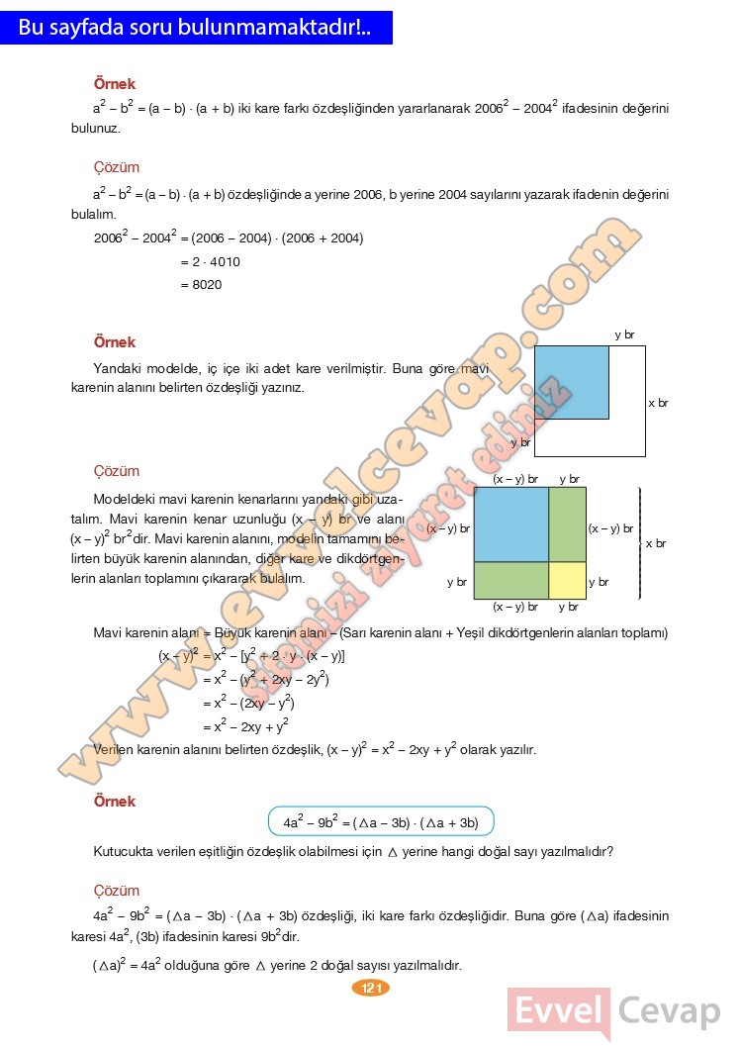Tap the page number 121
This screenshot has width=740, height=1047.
pyautogui.click(x=371, y=988)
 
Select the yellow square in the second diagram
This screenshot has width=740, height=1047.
pyautogui.click(x=567, y=580)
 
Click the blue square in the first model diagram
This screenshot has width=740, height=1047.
pyautogui.click(x=572, y=382)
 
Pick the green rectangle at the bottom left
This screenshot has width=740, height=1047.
pyautogui.click(x=510, y=580)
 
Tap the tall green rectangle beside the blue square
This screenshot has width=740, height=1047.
pyautogui.click(x=567, y=523)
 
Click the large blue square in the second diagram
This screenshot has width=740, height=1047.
pyautogui.click(x=510, y=523)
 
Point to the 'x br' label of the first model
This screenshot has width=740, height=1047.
pyautogui.click(x=658, y=403)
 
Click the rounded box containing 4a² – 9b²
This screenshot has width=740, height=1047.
pyautogui.click(x=381, y=822)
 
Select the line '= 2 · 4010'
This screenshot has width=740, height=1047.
pyautogui.click(x=210, y=262)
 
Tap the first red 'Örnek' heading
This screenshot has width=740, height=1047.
pyautogui.click(x=114, y=85)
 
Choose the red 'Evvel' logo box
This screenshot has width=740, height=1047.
pyautogui.click(x=559, y=1012)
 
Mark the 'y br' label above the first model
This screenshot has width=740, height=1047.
pyautogui.click(x=624, y=334)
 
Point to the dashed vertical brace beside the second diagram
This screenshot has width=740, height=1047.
pyautogui.click(x=640, y=543)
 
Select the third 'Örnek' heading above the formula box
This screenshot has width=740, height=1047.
pyautogui.click(x=114, y=802)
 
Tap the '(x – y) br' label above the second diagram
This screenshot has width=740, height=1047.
pyautogui.click(x=515, y=479)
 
